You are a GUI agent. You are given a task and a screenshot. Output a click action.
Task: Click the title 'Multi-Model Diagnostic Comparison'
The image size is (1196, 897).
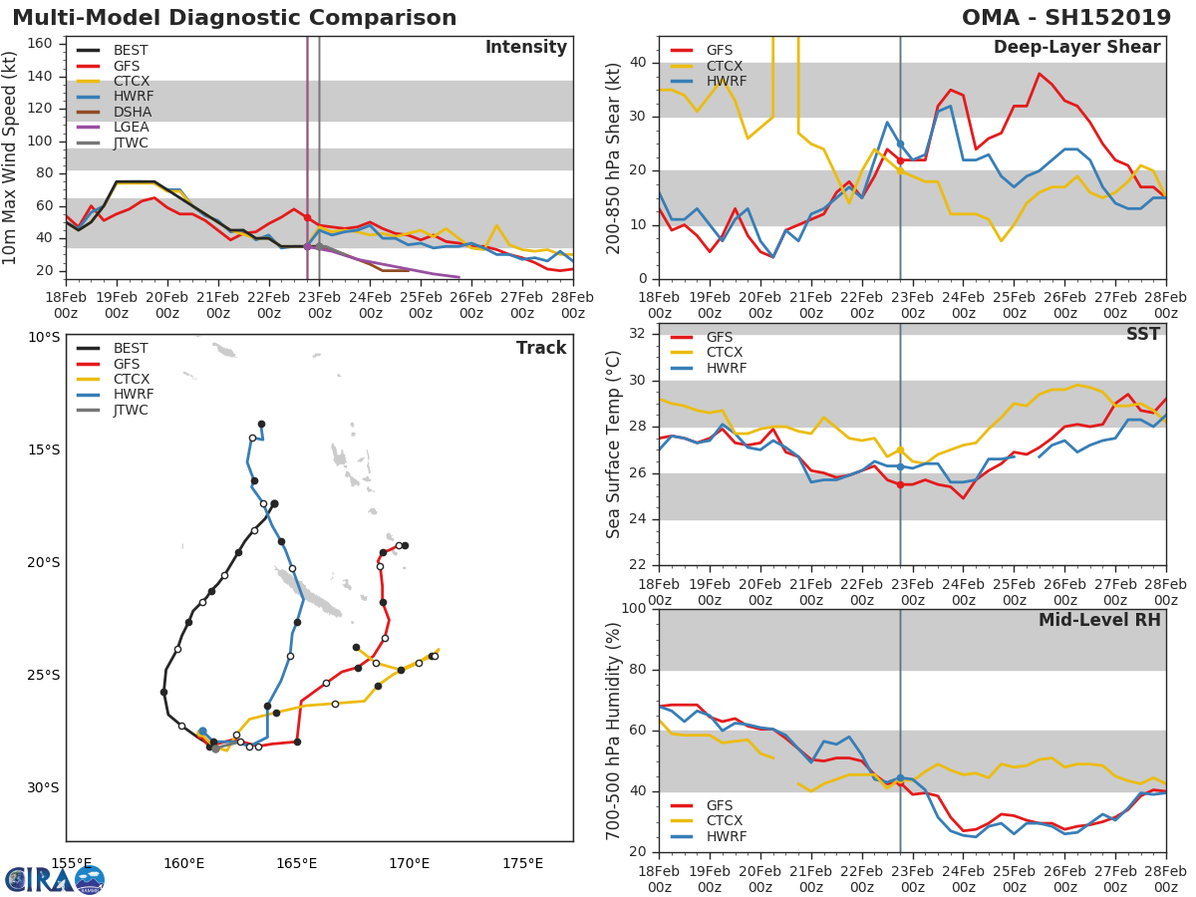click(234, 18)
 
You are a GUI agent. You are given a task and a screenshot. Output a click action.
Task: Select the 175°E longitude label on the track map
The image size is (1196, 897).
click(522, 863)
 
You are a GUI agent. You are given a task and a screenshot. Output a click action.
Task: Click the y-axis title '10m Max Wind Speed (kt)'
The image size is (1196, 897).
click(12, 157)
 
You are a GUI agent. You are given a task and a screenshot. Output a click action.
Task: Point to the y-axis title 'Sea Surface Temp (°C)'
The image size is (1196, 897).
click(614, 445)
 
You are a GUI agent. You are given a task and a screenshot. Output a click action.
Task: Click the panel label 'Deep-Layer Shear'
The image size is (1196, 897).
click(1076, 48)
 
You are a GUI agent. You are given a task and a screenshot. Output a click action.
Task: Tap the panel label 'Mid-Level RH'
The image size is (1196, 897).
click(1099, 621)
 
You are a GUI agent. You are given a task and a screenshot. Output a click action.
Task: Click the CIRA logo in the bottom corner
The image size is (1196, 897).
click(55, 879)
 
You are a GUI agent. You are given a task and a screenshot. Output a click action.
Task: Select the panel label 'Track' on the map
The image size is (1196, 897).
click(541, 349)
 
